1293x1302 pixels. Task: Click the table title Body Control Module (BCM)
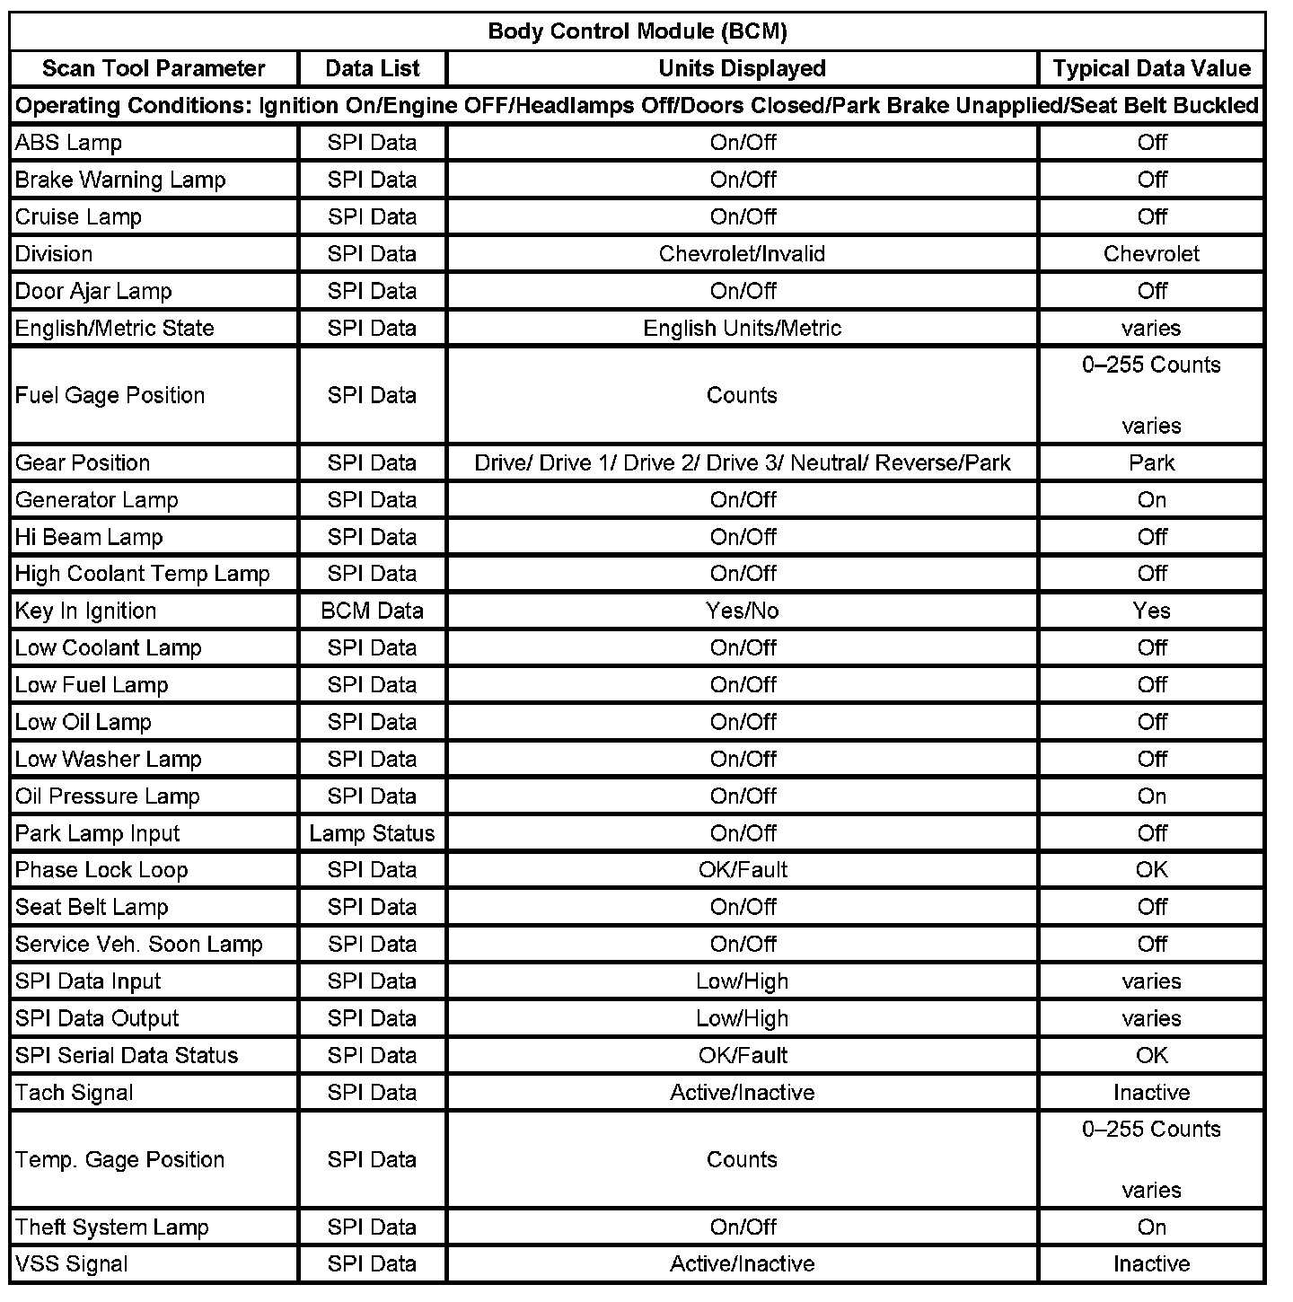click(638, 31)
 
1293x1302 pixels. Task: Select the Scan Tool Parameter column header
click(154, 68)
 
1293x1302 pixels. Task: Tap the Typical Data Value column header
click(1151, 68)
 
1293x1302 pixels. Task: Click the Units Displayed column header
click(742, 68)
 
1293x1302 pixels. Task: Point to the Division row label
click(54, 254)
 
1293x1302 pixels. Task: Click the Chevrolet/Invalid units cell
click(742, 254)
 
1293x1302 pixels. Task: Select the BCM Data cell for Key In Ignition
click(372, 611)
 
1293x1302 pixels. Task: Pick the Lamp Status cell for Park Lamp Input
click(372, 833)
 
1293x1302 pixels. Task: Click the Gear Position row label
click(83, 463)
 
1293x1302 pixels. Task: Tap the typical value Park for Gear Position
click(1151, 463)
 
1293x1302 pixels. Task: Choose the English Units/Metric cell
click(742, 328)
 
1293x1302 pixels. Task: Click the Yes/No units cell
click(742, 611)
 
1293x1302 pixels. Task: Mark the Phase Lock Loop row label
click(101, 870)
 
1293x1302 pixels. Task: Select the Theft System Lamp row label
click(112, 1227)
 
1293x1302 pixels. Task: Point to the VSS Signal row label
click(72, 1264)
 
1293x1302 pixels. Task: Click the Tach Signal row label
click(75, 1093)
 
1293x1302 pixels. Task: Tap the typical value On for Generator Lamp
click(1151, 500)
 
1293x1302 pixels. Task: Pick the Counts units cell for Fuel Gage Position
click(742, 395)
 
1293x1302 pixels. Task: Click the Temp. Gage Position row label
click(120, 1160)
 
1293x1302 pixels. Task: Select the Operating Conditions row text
click(638, 106)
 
